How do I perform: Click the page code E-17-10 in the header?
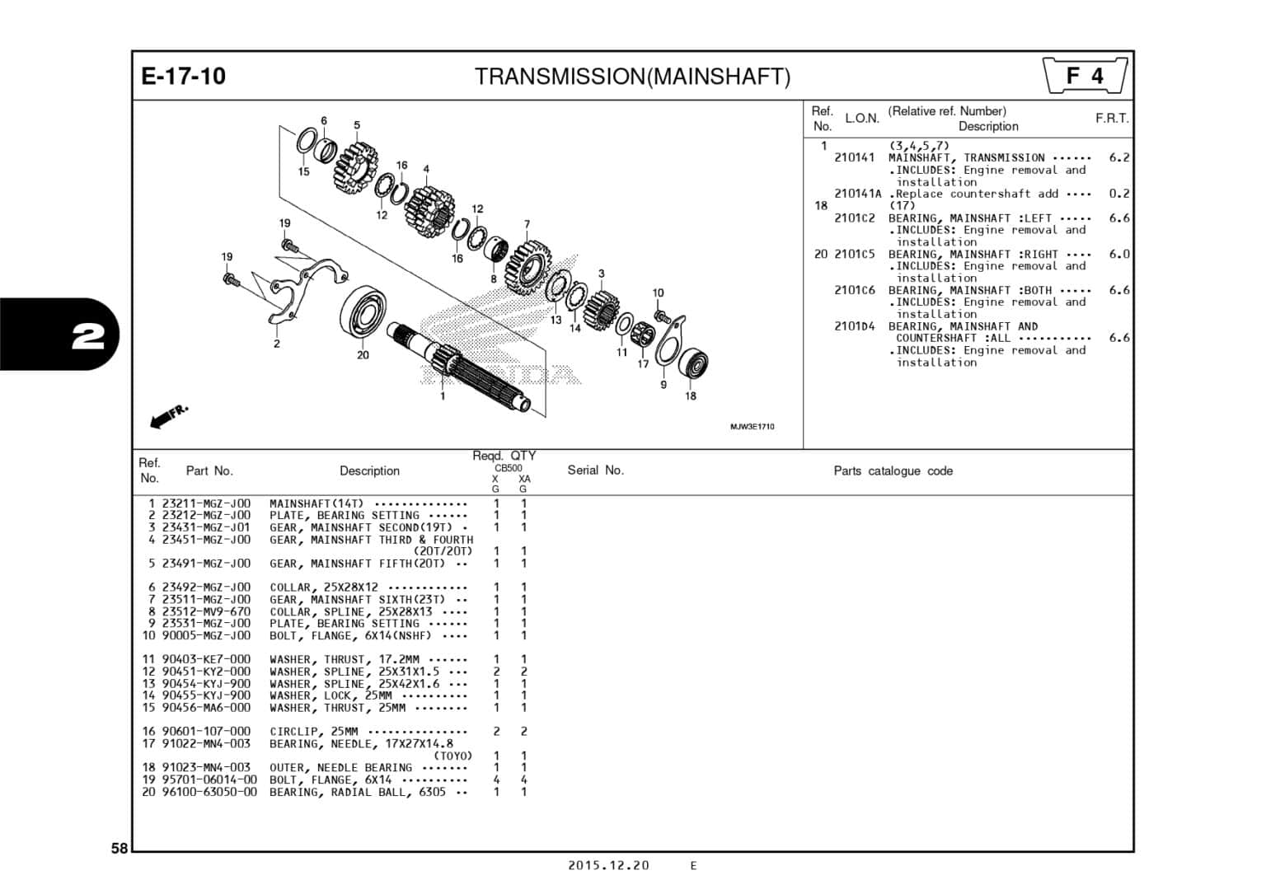tap(183, 76)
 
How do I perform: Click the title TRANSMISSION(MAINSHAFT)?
tap(632, 77)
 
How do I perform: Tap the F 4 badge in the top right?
tap(1085, 76)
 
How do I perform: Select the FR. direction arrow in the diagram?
tap(169, 416)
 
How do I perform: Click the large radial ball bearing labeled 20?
tap(363, 312)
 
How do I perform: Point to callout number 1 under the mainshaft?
tap(443, 396)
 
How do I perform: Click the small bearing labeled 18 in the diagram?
tap(692, 364)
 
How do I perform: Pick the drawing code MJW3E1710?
tap(752, 427)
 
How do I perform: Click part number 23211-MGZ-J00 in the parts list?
tap(206, 503)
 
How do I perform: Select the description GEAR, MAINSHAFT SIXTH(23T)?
tap(356, 600)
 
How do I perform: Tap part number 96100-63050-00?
tap(209, 792)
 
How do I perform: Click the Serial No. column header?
tap(595, 470)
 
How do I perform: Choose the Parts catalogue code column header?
tap(893, 471)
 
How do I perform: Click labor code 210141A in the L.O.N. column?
tap(857, 194)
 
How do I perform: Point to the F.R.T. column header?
tap(1111, 119)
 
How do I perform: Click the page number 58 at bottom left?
tap(120, 849)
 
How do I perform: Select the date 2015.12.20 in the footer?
tap(608, 865)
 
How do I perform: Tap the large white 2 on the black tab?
tap(87, 336)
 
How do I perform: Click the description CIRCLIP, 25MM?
tap(313, 732)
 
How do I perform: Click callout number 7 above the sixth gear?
tap(527, 224)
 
